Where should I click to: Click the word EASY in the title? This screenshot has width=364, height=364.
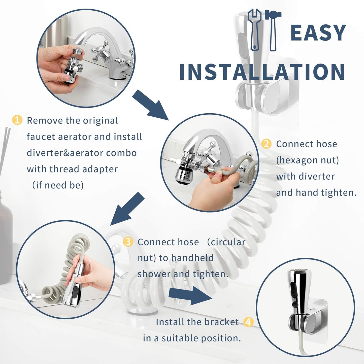318,33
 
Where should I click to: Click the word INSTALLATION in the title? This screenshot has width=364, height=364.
262,72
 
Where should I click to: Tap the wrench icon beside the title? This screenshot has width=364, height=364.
254,30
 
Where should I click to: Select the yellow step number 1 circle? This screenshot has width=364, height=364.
17,120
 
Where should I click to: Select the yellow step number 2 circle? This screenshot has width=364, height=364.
266,144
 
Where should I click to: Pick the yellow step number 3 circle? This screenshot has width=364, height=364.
128,242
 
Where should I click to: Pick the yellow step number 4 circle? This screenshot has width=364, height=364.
248,322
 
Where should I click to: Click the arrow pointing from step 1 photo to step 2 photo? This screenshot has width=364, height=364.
150,105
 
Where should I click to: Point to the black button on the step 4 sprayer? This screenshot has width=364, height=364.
293,290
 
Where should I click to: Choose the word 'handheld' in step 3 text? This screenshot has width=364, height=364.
192,258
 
